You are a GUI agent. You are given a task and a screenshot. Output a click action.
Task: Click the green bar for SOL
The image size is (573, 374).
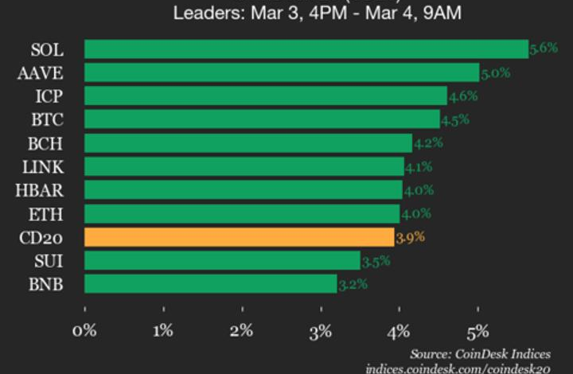[x=306, y=49]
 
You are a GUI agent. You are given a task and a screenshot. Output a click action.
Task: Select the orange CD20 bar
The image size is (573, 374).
[x=239, y=237]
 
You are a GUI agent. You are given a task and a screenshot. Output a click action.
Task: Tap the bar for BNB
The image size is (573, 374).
[x=210, y=284]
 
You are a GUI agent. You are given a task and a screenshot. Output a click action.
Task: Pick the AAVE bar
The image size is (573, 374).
[x=281, y=73]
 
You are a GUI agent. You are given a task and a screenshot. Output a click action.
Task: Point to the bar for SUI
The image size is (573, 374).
[x=222, y=260]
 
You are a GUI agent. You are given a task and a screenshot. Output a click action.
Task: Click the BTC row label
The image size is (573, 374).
[x=44, y=120]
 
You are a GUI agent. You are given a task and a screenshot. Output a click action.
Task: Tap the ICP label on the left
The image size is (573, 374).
[x=45, y=97]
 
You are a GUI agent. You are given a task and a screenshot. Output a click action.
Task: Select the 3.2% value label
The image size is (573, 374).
[x=353, y=284]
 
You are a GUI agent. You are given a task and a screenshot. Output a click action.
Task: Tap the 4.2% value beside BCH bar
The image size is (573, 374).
[x=428, y=143]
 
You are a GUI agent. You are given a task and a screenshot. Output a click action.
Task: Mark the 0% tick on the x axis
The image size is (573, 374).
[x=84, y=330]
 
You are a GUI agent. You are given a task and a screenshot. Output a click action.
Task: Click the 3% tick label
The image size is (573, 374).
[x=321, y=330]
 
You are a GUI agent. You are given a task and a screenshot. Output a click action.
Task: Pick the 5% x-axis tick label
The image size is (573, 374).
[x=477, y=330]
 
